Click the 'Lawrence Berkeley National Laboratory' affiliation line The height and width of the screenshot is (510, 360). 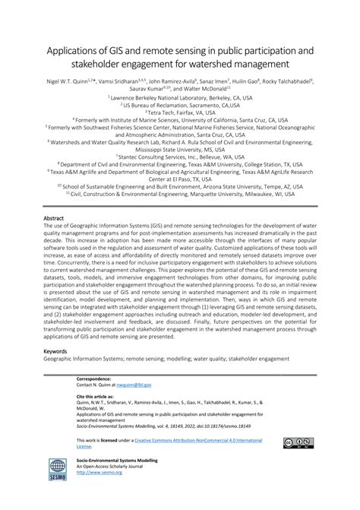tap(181, 97)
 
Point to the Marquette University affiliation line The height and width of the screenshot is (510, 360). tap(181, 193)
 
